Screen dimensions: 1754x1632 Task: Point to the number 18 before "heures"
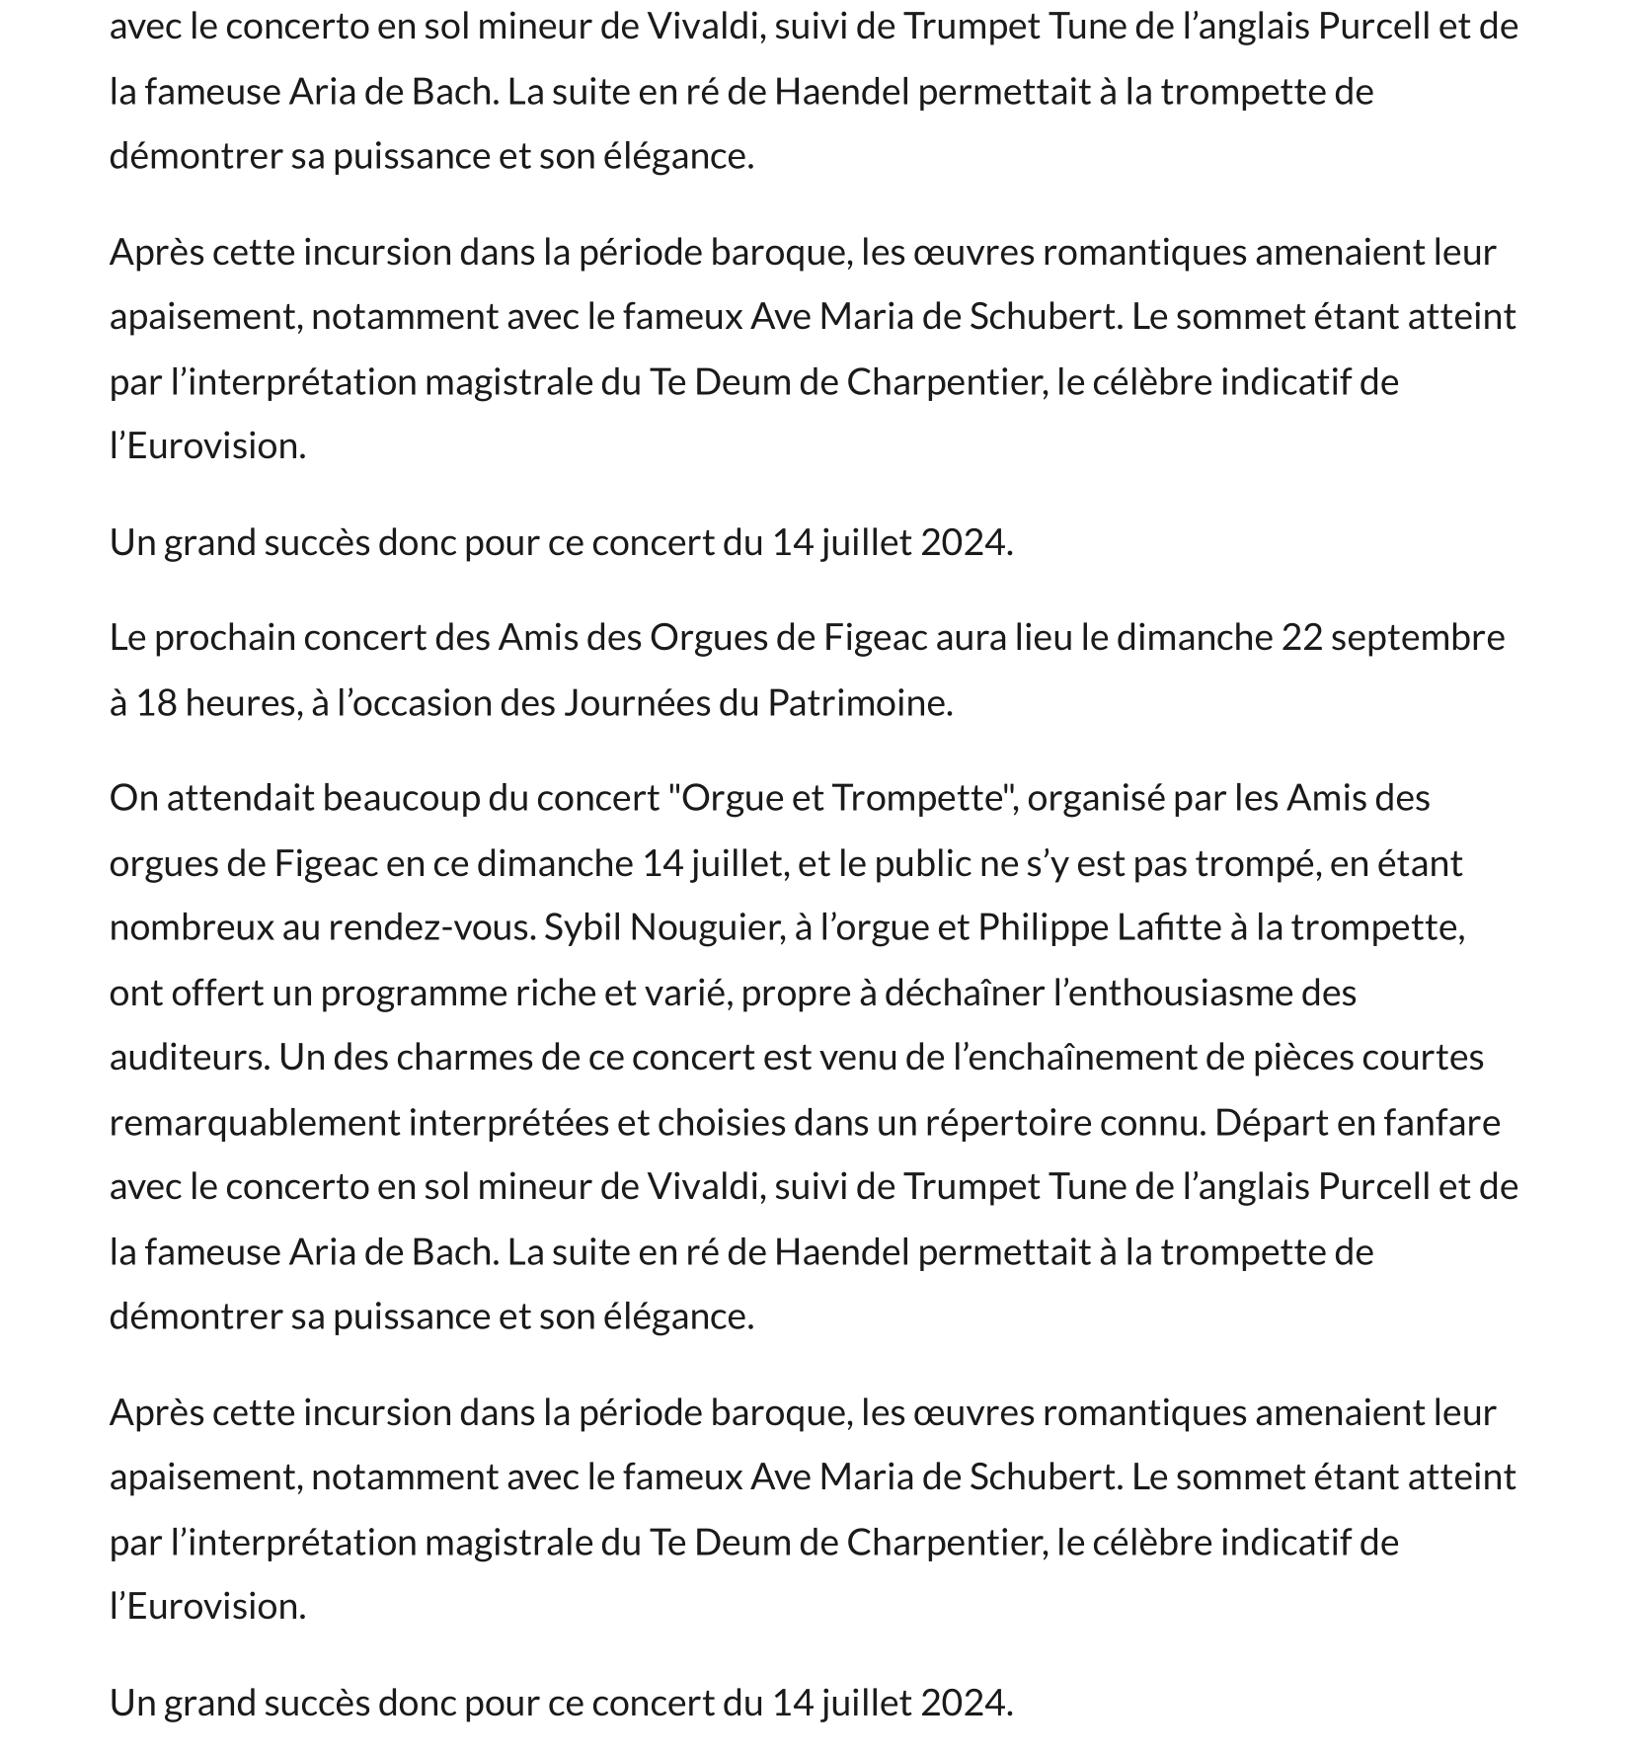(156, 703)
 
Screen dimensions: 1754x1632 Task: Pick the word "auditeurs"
(189, 1058)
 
